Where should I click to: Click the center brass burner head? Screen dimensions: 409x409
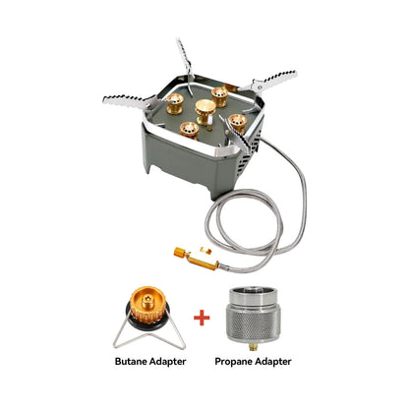206,109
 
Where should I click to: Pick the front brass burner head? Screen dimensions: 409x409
194,129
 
